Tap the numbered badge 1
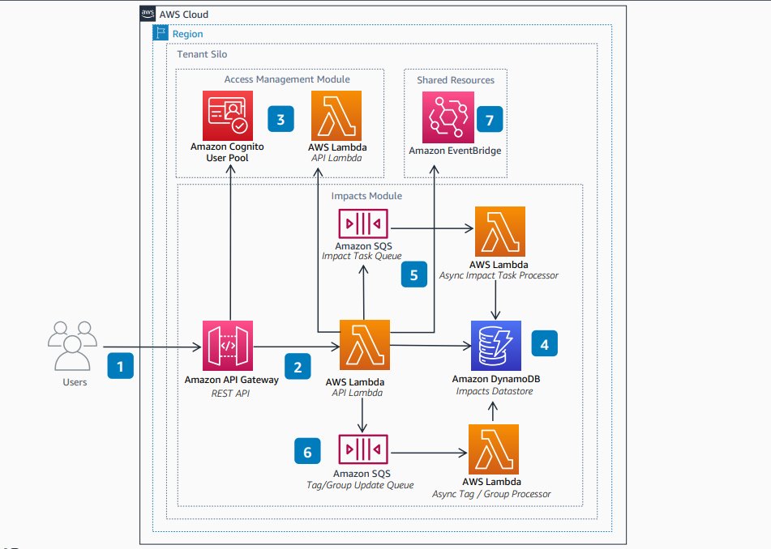[121, 366]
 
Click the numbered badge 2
[298, 366]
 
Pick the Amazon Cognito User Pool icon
[228, 115]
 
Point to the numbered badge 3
[281, 120]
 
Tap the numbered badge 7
[490, 120]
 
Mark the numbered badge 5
[414, 275]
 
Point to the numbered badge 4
[544, 344]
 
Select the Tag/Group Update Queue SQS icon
[362, 449]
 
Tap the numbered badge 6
[306, 451]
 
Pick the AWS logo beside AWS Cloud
[148, 14]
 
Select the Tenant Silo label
[203, 53]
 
